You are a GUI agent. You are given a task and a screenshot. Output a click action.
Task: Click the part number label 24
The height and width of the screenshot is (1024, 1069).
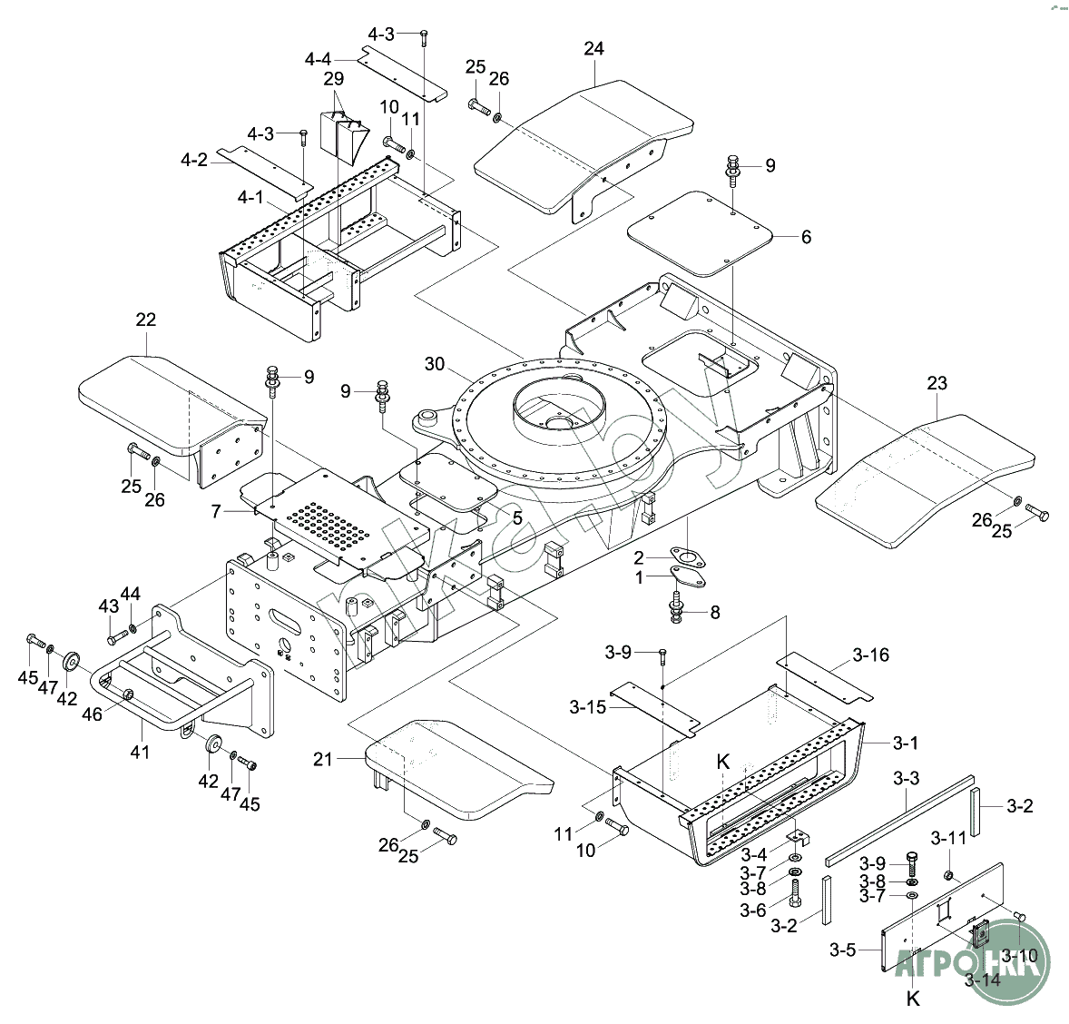pos(593,48)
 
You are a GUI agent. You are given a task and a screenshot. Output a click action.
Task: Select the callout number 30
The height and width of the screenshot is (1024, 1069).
pos(435,364)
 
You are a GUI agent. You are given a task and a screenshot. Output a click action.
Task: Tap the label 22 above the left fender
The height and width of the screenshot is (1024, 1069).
pos(145,320)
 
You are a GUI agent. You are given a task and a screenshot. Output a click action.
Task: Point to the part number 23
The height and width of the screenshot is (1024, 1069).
pos(937,384)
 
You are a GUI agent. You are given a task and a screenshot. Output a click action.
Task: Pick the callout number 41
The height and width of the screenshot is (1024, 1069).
pos(140,752)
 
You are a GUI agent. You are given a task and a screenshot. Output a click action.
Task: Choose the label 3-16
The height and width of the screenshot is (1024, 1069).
pos(871,655)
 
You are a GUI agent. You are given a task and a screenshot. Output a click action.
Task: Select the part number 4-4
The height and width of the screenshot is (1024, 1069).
pos(318,59)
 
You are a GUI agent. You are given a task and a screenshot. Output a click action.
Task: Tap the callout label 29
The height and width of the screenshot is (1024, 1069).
pos(333,79)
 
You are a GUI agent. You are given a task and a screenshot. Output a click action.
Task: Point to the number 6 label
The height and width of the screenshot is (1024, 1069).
pos(806,238)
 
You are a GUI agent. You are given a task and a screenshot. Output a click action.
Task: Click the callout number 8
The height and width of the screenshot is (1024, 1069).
pos(715,612)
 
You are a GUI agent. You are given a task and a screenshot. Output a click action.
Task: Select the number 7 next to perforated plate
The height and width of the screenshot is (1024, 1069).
pos(216,512)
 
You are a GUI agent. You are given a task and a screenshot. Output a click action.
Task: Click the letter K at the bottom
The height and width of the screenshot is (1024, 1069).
pos(913,999)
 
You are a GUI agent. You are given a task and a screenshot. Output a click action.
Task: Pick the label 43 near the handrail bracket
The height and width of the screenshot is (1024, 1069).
pos(109,606)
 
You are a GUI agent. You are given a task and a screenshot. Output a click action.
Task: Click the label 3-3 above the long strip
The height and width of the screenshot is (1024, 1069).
pos(906,779)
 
